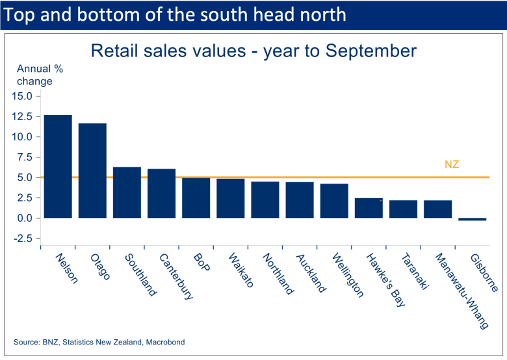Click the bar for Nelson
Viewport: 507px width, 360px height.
tap(58, 167)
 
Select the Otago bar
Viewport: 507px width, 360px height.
tap(92, 171)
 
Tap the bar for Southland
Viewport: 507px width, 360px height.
tap(127, 193)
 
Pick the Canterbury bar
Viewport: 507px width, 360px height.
tap(161, 193)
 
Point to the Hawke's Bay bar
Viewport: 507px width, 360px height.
tap(369, 208)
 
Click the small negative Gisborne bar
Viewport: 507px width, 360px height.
tap(472, 219)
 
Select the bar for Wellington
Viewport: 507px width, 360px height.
tap(334, 201)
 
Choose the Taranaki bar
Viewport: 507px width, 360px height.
tap(403, 209)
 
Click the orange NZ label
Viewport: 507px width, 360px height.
tap(452, 165)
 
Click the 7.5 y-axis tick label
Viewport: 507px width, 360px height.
tap(25, 157)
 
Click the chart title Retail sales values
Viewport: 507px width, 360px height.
tap(253, 51)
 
